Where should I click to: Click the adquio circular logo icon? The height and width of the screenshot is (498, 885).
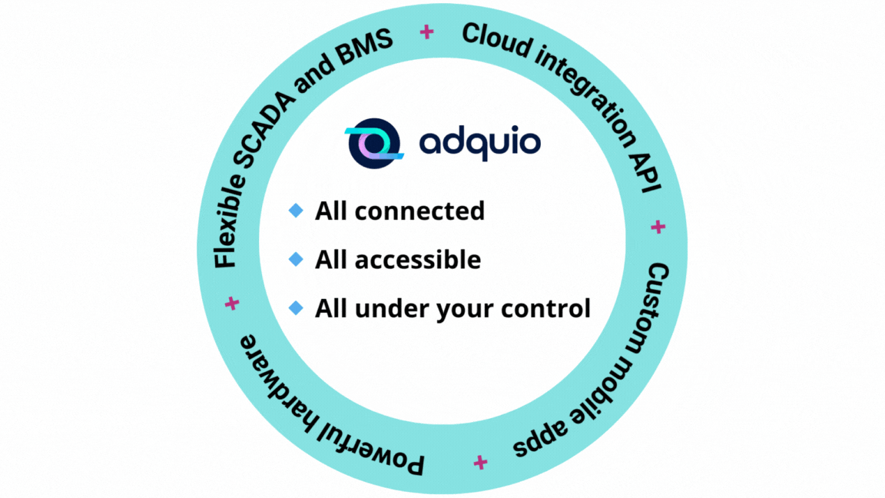click(x=373, y=143)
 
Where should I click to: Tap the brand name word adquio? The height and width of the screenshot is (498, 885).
click(x=479, y=142)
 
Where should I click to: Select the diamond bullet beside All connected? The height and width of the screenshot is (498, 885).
click(x=296, y=211)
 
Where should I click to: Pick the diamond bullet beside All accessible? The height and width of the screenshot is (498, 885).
click(x=296, y=260)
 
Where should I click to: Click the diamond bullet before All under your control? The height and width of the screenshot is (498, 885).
click(x=296, y=309)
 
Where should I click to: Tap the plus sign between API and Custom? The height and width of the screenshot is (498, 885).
click(x=658, y=227)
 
